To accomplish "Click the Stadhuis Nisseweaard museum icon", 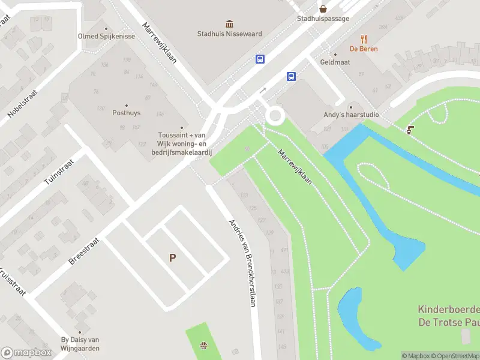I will (229, 24).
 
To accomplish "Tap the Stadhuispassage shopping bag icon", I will (323, 8).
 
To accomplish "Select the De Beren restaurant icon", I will (364, 39).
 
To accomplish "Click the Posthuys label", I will (126, 112).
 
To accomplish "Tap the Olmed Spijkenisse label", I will (106, 36).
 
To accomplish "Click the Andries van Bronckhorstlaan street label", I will (243, 262).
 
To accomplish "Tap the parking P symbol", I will (172, 258).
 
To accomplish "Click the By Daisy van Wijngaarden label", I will (80, 344).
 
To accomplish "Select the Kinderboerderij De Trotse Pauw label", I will (449, 316).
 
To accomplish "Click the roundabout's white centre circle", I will (276, 116).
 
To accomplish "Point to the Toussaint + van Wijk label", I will (182, 143).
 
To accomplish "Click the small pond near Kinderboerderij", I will (357, 318).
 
